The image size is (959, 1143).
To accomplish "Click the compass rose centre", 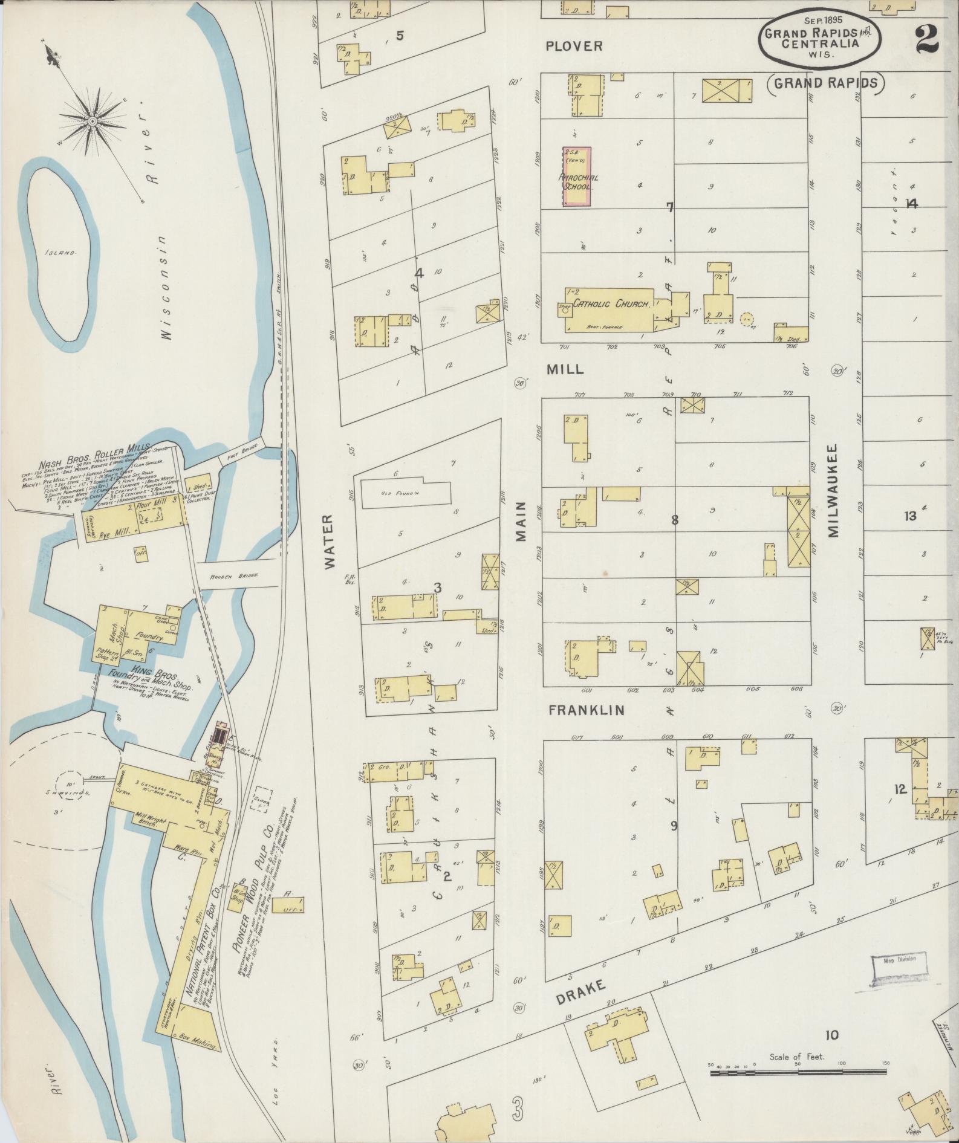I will point(93,121).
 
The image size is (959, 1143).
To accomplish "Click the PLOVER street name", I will point(574,46).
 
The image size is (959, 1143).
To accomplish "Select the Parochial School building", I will point(577,177).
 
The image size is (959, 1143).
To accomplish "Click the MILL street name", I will point(565,369).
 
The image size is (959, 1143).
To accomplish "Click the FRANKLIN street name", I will point(585,711).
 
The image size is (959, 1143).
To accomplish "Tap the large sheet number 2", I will point(926,40).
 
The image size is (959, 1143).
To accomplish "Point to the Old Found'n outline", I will point(406,493).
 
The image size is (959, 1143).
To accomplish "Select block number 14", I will point(911,204).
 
